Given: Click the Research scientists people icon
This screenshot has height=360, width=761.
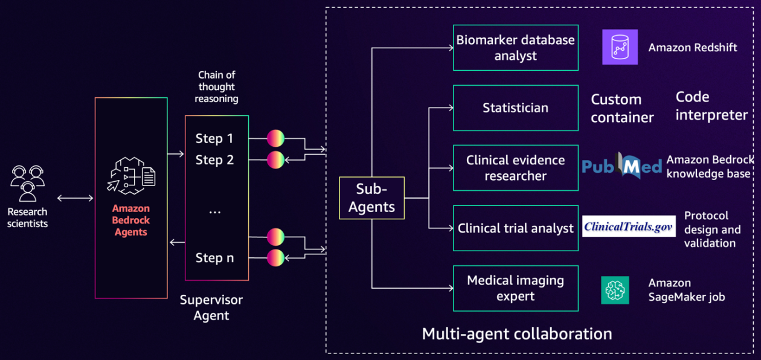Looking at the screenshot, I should coord(28,183).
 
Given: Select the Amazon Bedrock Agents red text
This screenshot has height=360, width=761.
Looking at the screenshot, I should coord(130,219).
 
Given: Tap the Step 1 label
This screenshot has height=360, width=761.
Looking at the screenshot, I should coord(214,138).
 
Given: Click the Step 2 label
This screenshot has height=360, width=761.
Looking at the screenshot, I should coord(214,160).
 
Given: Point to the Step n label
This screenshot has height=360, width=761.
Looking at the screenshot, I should coord(214,258).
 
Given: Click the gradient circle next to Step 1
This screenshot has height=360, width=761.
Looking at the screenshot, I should coord(275,138).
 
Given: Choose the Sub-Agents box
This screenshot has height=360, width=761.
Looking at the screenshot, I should coord(371,198).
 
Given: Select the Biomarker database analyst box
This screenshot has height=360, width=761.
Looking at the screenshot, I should coord(515,48).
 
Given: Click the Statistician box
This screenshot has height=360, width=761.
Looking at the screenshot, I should coord(515,108).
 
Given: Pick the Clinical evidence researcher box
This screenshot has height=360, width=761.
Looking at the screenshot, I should coord(515,168).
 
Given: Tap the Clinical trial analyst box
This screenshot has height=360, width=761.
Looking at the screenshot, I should coord(515,228).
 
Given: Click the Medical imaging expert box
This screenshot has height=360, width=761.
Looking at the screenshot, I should coord(515,288).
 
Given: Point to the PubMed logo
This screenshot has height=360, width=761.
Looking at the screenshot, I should coord(621,166).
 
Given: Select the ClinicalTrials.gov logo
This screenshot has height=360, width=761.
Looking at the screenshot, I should coord(629,227).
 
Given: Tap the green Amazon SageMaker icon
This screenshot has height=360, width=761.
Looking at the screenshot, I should coord(615,290).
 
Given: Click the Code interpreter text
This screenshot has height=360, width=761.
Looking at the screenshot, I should coord(711,106).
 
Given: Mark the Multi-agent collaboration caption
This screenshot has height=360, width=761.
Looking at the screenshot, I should coord(516,333).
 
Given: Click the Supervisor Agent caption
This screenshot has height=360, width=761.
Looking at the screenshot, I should coord(211,307).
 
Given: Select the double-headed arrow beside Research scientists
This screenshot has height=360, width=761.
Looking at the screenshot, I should coord(75,198).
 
